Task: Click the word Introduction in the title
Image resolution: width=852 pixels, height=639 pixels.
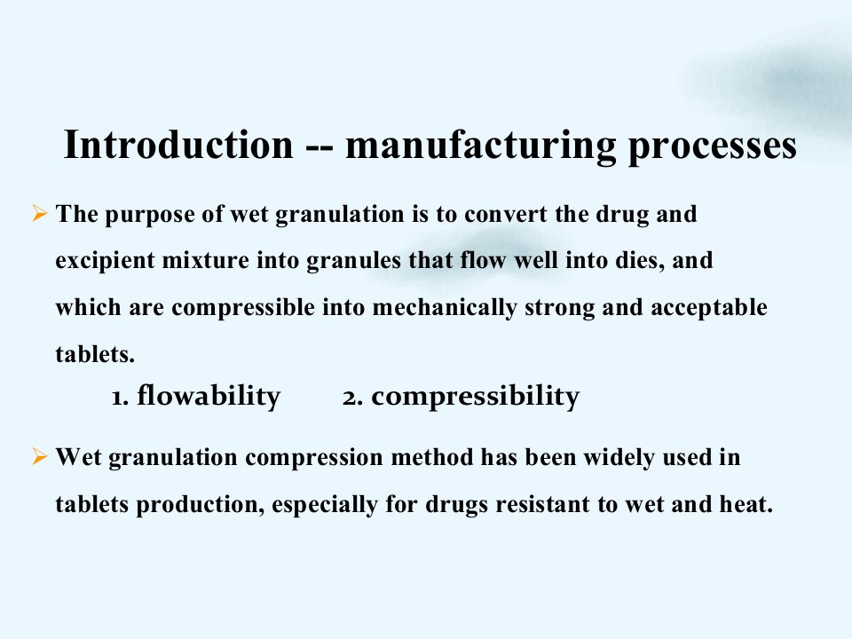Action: coord(178,144)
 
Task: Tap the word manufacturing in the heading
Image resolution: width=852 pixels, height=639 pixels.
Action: coord(481,146)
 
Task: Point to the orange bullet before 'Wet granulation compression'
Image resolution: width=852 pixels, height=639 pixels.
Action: coord(39,456)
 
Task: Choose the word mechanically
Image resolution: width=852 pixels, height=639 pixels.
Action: coord(445,309)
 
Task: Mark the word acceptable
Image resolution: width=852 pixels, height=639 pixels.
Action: coord(709,309)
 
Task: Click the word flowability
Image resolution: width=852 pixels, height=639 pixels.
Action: coord(209,396)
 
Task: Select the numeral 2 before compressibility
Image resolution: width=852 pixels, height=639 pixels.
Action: coord(350,398)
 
